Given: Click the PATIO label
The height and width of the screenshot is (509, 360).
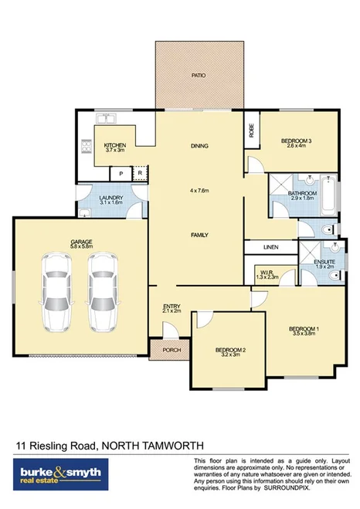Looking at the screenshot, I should pos(199,75).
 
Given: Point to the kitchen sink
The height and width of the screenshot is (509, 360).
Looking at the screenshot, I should pos(106,119).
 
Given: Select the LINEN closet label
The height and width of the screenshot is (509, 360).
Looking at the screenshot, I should pos(270,247).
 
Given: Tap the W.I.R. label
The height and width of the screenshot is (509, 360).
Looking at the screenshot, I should pos(267,273).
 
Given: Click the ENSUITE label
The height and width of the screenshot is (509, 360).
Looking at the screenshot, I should pos(324,263).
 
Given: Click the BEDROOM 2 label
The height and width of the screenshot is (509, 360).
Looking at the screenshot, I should pos(230,350).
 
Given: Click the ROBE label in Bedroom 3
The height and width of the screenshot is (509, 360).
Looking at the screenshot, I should pos(250,131).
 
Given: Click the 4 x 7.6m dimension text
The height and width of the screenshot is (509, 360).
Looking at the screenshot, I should pos(200,190).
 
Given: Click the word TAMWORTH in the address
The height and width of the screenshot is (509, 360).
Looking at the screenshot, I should pos(172,446).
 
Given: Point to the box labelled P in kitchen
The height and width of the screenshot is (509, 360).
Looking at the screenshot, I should pos(121,173).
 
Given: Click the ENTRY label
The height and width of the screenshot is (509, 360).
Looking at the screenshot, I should pos(172,307).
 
